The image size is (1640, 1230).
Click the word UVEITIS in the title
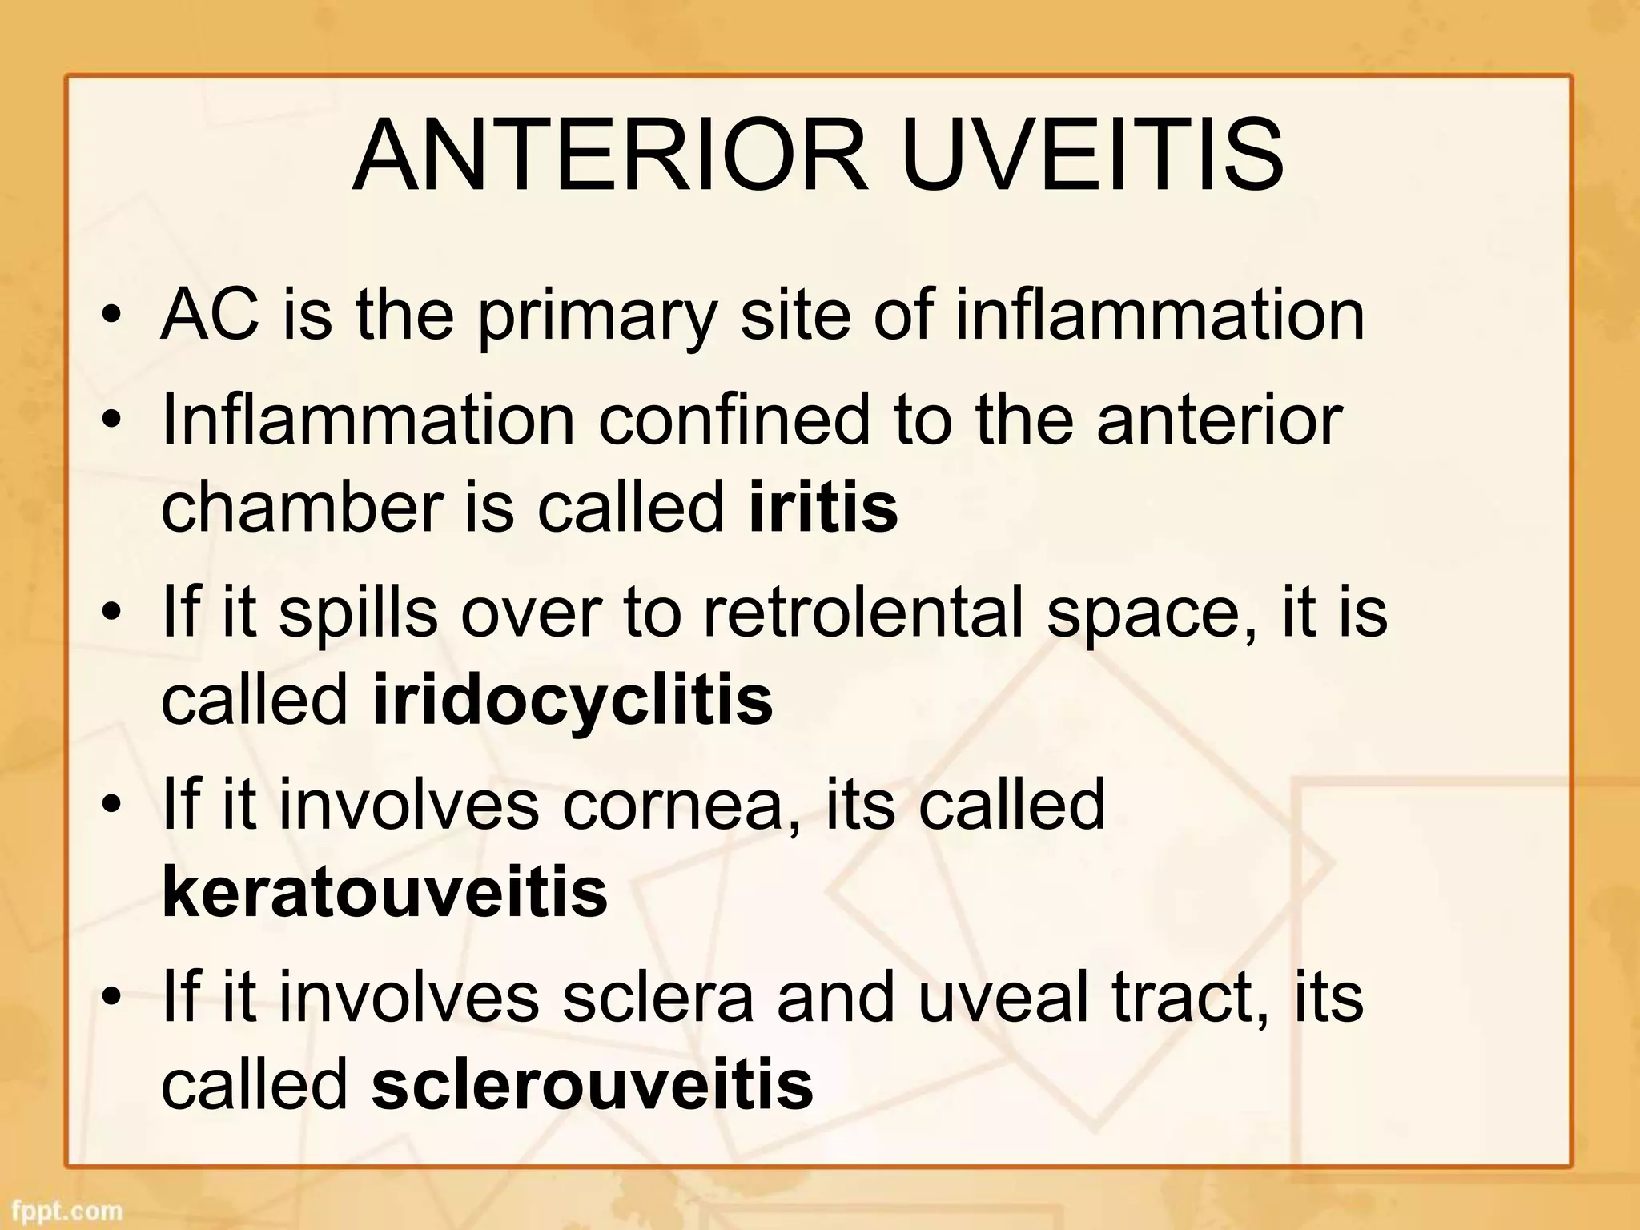1092,155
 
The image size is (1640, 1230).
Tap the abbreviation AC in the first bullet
210,315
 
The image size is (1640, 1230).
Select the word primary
597,318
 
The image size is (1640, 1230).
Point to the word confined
734,420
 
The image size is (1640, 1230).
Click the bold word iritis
823,507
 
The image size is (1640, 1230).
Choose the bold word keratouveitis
384,892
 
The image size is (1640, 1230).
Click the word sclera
657,997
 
